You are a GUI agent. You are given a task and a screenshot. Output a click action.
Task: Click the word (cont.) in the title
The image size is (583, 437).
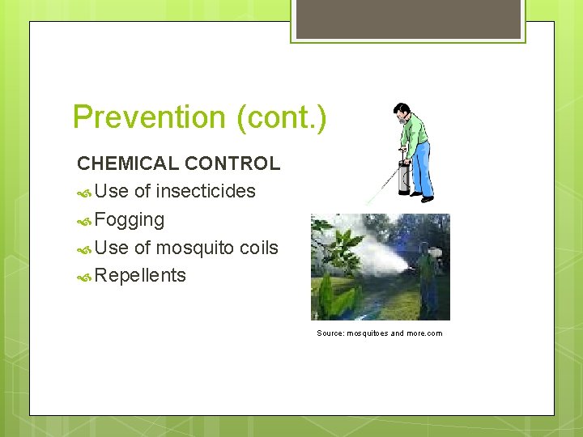tap(282, 117)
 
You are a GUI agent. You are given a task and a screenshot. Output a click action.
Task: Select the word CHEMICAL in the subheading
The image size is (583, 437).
tap(128, 163)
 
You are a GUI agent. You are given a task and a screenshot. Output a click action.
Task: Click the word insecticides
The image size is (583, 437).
tap(206, 192)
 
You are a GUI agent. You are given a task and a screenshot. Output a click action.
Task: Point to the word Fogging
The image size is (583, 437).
tap(130, 220)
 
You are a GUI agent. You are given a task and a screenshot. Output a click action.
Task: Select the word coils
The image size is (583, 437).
tap(259, 248)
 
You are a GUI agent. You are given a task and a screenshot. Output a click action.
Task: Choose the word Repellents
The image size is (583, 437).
tap(140, 276)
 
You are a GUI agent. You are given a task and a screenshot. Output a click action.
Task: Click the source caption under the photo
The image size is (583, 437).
tap(380, 333)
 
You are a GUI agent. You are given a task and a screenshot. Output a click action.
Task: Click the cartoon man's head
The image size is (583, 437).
tap(401, 111)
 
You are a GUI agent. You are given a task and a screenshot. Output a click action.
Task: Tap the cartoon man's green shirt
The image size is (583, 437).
tap(414, 129)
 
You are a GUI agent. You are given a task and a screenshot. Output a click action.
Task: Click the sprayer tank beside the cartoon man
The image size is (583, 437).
tap(403, 176)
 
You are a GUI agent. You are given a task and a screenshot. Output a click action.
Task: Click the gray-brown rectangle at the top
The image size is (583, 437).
tap(408, 19)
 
